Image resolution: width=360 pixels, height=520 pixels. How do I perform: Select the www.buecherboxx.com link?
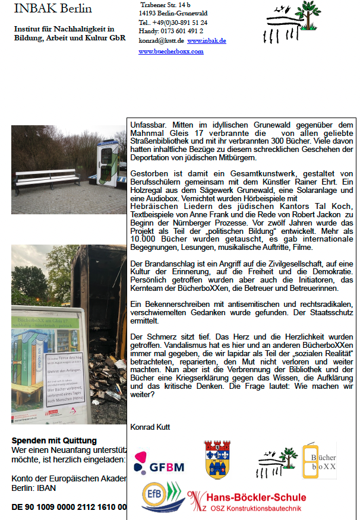171,52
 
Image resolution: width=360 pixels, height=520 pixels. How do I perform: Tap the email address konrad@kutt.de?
162,41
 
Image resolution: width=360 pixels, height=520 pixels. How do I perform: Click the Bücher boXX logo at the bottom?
319,460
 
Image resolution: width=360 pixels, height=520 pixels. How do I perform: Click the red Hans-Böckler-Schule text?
255,497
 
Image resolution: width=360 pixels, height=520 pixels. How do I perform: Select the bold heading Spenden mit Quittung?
54,440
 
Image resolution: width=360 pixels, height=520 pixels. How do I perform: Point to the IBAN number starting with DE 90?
68,507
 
